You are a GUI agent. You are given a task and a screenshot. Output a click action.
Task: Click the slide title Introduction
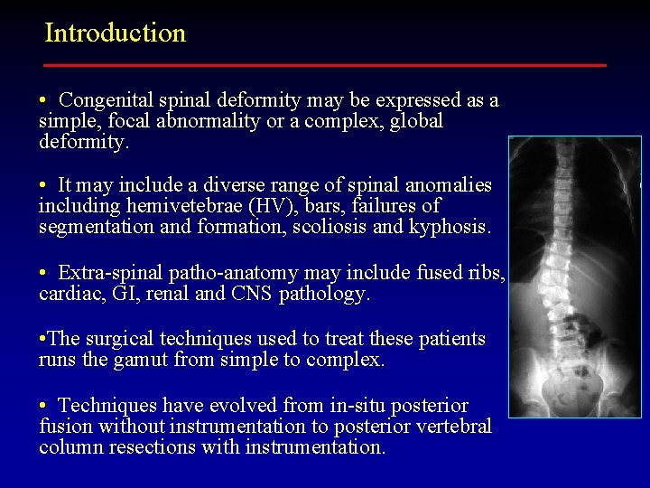[115, 33]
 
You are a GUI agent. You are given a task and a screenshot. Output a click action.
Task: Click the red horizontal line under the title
[325, 65]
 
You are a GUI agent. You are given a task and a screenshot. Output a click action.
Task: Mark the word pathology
[325, 294]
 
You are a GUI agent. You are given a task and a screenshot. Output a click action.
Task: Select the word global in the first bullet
[415, 121]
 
